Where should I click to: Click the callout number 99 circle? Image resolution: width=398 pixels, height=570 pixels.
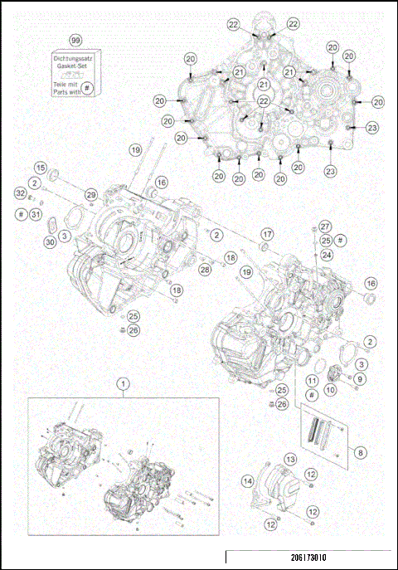click(x=75, y=40)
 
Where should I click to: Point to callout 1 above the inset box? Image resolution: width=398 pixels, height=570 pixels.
click(x=123, y=383)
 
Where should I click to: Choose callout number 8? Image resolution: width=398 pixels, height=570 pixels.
click(x=360, y=453)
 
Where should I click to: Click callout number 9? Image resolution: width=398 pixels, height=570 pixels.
click(x=360, y=378)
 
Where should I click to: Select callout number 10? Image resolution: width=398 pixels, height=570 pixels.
click(x=329, y=388)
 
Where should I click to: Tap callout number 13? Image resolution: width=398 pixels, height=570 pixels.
click(x=291, y=458)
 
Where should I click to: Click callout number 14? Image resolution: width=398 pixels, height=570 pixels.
click(x=248, y=480)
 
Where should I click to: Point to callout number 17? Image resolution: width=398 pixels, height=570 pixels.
click(x=267, y=232)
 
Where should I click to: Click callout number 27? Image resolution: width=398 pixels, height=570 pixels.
click(x=325, y=226)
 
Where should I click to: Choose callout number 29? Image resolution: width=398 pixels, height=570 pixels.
click(x=91, y=193)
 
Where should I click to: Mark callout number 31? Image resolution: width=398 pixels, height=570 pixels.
click(x=35, y=215)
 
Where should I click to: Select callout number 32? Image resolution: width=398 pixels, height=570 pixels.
click(x=20, y=192)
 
